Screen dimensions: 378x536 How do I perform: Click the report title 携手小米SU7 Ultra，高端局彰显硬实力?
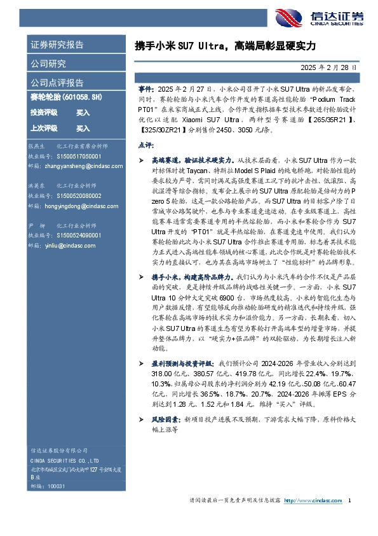pyautogui.click(x=225, y=46)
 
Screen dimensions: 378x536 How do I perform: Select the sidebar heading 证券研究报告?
pyautogui.click(x=57, y=45)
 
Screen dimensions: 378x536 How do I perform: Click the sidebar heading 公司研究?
pyautogui.click(x=48, y=64)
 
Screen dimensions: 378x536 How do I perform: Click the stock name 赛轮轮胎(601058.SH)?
pyautogui.click(x=64, y=97)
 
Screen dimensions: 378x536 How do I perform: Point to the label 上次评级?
pyautogui.click(x=44, y=128)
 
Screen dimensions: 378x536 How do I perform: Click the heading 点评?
pyautogui.click(x=145, y=145)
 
